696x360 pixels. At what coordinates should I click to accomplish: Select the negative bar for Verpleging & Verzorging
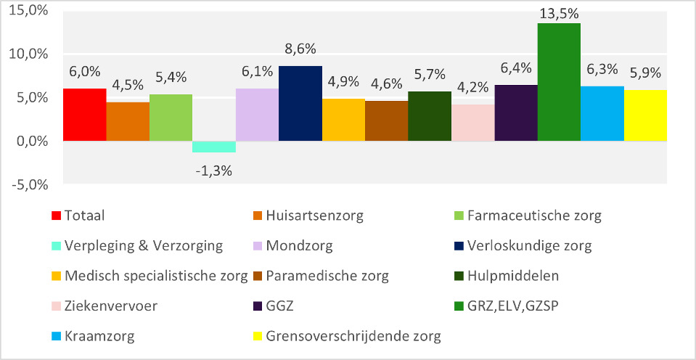point(214,147)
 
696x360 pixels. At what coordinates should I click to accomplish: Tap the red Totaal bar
point(84,115)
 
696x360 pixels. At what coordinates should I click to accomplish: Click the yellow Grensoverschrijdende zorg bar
point(645,115)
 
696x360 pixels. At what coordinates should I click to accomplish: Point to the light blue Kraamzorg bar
point(602,114)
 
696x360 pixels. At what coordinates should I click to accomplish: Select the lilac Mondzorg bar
point(257,115)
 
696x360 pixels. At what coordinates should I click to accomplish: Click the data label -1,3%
point(214,171)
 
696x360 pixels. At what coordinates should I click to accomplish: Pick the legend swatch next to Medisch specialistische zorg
point(56,276)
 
